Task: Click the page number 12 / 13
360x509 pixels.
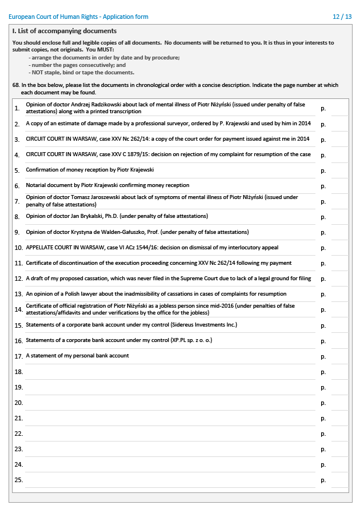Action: tap(342, 17)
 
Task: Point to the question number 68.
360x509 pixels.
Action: tap(16, 85)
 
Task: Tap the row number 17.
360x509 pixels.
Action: tap(18, 356)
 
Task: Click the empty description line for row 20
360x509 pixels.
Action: tap(170, 403)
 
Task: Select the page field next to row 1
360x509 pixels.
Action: tap(339, 108)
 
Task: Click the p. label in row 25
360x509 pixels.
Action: tap(323, 480)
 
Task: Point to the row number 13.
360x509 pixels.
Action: tap(18, 294)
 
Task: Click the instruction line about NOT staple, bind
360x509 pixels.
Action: tap(83, 73)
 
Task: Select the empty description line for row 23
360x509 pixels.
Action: tap(170, 449)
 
